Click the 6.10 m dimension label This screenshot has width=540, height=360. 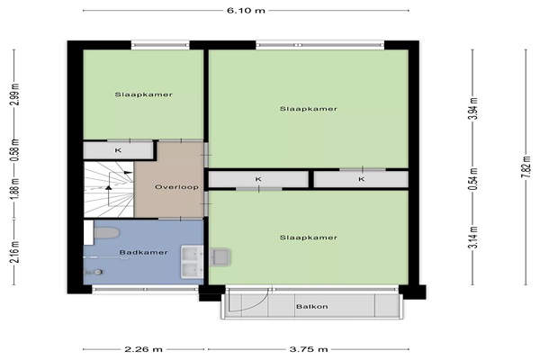(x=246, y=10)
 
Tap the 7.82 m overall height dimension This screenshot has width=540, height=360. (x=526, y=167)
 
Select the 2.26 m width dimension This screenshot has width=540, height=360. (x=143, y=349)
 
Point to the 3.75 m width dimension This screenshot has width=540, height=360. (x=308, y=349)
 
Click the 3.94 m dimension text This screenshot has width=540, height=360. (x=474, y=108)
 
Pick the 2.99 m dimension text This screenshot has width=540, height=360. (x=16, y=94)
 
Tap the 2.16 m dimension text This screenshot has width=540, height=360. (x=16, y=252)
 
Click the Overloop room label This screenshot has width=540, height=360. (x=176, y=187)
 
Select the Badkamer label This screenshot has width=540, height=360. (x=144, y=252)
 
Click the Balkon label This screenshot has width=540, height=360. (x=312, y=306)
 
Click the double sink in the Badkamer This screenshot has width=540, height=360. (x=193, y=262)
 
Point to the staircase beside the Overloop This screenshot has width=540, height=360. (x=109, y=190)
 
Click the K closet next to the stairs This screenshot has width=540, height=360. (x=118, y=150)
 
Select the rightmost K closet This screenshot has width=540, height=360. (x=361, y=179)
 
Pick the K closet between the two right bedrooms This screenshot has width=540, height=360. (x=258, y=179)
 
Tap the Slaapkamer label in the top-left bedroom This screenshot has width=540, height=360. (x=144, y=94)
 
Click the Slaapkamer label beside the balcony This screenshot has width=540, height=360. (x=308, y=238)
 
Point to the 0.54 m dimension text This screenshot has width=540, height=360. (x=474, y=179)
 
